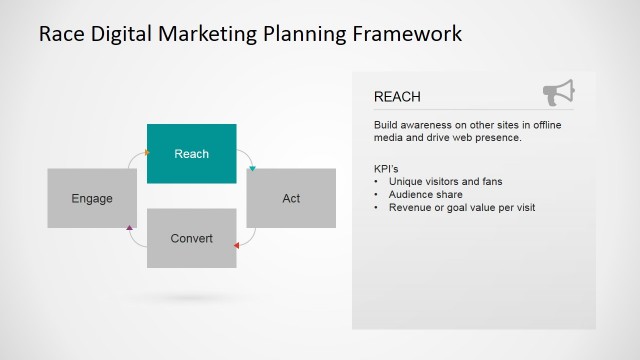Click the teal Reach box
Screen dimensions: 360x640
191,153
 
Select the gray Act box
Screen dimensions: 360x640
291,198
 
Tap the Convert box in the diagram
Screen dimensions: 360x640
191,238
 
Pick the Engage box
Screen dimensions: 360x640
92,198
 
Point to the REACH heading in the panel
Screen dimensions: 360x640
397,97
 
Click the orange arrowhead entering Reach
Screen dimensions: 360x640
147,153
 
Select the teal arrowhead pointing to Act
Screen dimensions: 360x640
253,167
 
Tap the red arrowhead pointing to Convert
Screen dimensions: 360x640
236,244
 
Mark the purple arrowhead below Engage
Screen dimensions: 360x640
130,229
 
